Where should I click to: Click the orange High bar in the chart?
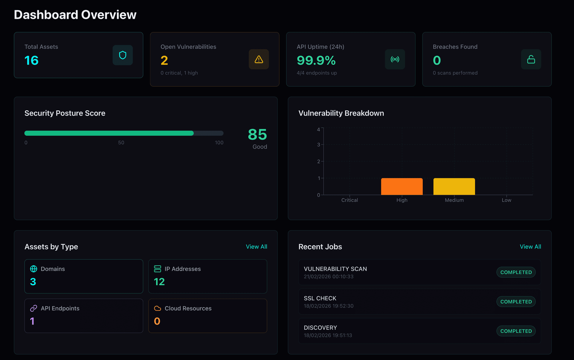coord(402,186)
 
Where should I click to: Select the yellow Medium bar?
coord(454,186)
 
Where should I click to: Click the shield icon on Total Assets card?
coord(123,55)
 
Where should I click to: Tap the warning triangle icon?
coord(259,59)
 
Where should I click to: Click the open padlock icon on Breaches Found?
coord(531,59)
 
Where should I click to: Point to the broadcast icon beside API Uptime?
coord(395,59)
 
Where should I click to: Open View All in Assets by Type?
coord(256,247)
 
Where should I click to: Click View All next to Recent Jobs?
coord(530,247)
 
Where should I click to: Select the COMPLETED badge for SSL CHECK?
coord(516,302)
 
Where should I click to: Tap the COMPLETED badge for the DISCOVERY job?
coord(516,331)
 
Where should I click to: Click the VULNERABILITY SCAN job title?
coord(335,269)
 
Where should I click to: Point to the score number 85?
coord(257,134)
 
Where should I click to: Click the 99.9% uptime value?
coord(316,61)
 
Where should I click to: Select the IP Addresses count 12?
coord(159,282)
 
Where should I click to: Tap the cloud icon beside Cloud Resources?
coord(158,308)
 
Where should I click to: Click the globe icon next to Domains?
coord(34,269)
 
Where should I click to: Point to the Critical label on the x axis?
coord(349,200)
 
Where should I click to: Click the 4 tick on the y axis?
coord(318,130)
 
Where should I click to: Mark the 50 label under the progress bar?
coord(121,143)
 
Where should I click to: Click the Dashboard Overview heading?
coord(75,15)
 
